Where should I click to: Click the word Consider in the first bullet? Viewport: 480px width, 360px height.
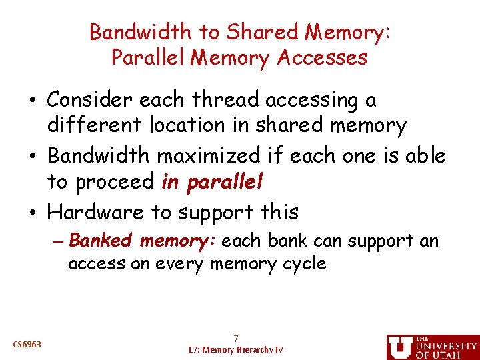93,100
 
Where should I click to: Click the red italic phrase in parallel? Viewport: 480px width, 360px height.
213,181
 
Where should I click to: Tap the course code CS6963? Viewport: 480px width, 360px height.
27,345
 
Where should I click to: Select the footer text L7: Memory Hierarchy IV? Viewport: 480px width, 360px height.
235,349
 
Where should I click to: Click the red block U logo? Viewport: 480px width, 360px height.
400,347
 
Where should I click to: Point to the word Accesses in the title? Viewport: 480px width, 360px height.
323,57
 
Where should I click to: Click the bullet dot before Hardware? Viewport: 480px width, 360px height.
39,212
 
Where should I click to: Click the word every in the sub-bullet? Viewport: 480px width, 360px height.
180,264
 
